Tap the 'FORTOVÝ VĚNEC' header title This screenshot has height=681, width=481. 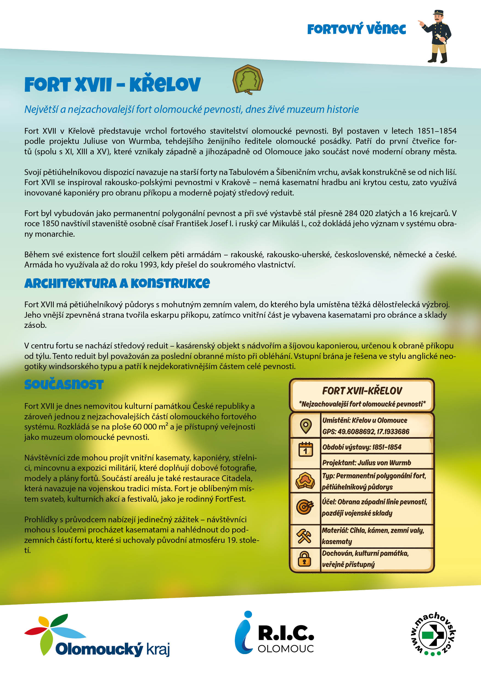point(356,29)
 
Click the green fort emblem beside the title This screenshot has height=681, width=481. point(248,79)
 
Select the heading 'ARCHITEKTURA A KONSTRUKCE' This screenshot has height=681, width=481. point(117,284)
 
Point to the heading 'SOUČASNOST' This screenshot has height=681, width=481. point(64,385)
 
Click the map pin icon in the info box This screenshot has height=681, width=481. point(306,426)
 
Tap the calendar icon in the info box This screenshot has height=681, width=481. point(306,449)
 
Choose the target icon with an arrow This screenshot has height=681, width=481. point(305,507)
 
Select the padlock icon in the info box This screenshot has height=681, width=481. point(304,559)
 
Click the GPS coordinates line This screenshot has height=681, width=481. point(366,432)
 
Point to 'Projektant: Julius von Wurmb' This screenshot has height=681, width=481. point(367,463)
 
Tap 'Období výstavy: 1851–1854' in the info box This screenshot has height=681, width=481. point(362,447)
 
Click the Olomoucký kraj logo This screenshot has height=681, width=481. point(97,636)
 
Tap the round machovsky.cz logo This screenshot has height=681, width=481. point(433,634)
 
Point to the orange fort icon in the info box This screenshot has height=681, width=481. point(305,481)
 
